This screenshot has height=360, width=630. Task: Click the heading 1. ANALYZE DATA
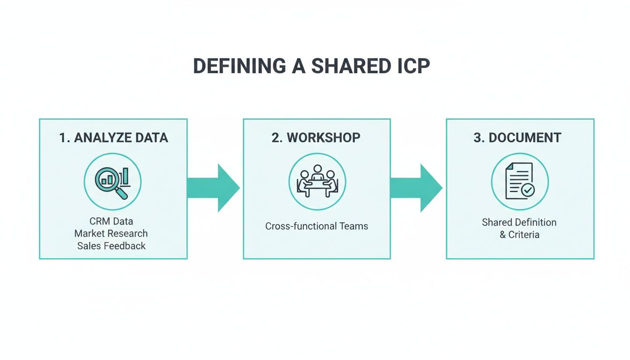click(x=113, y=138)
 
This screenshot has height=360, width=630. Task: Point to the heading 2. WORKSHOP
click(x=316, y=138)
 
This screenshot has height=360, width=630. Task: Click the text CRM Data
click(x=111, y=221)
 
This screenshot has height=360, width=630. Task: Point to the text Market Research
click(x=111, y=233)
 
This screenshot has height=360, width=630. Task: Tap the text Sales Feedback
click(x=112, y=246)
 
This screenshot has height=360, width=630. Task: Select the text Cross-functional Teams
click(x=317, y=226)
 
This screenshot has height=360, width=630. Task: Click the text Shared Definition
click(x=519, y=222)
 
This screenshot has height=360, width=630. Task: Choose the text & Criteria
click(x=519, y=234)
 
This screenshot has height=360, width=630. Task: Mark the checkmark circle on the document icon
click(x=528, y=190)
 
